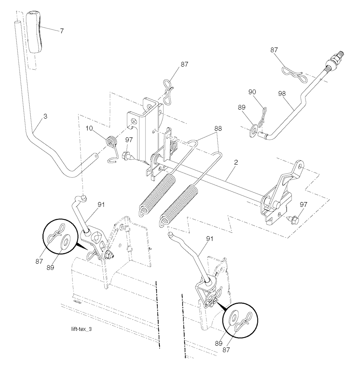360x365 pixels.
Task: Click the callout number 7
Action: coord(62,31)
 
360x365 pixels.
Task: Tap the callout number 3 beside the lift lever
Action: coord(45,116)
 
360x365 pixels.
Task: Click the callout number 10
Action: coord(89,128)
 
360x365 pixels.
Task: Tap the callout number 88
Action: coord(218,128)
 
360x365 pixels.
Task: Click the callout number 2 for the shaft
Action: coord(236,162)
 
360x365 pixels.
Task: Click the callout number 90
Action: coord(252,92)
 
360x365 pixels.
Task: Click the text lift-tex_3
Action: coord(82,329)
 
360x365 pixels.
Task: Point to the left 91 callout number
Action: coord(101,205)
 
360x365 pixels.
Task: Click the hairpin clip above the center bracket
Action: coord(168,91)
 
